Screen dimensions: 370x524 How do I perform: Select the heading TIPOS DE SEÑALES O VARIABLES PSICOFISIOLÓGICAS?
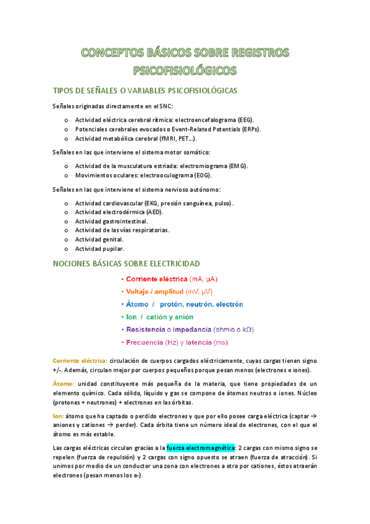click(145, 91)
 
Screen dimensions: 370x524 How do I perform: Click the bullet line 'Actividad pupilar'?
click(99, 248)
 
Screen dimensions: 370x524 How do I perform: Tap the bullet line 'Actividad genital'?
click(99, 239)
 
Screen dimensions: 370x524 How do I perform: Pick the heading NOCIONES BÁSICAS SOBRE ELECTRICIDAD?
click(128, 264)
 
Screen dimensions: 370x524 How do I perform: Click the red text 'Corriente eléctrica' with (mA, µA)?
click(173, 279)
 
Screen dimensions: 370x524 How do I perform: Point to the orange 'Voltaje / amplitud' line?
click(169, 292)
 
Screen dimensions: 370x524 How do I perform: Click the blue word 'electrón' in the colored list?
click(229, 304)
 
